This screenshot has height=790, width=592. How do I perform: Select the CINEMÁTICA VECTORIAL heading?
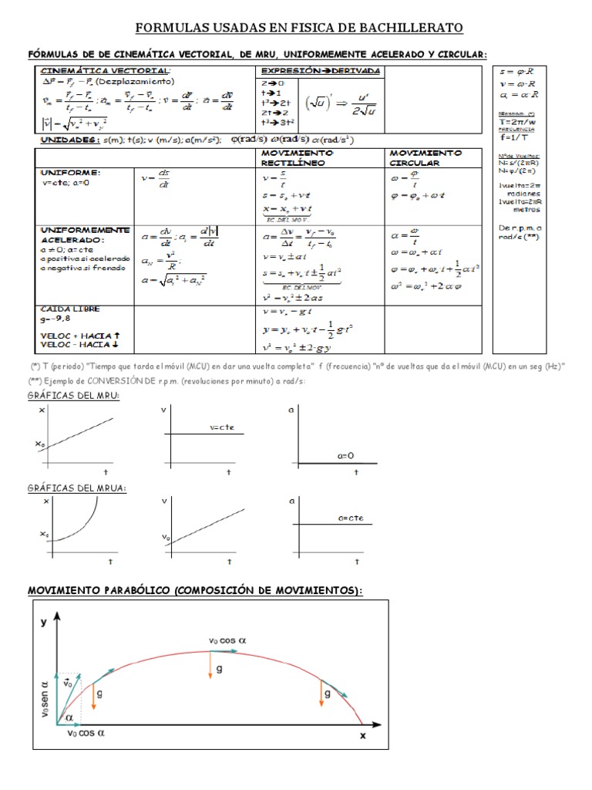pos(106,70)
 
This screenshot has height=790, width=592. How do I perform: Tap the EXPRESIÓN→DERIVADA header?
pos(320,70)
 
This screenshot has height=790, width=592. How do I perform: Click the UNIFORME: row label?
pos(69,174)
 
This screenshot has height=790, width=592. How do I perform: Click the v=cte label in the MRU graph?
pos(222,427)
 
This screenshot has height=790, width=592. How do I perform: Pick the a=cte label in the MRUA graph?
pos(351,518)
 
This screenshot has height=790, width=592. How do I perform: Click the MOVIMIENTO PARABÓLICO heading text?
pos(195,590)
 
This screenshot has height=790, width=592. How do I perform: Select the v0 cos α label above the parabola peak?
pos(227,640)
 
